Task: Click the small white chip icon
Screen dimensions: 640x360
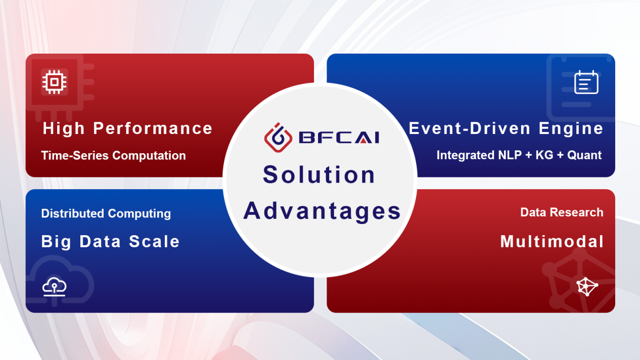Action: tap(54, 82)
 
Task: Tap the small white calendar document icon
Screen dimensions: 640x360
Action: tap(586, 82)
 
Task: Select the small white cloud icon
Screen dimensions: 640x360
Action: tap(54, 286)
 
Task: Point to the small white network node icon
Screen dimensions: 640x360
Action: tap(587, 286)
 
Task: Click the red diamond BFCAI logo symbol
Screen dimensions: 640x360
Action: tap(278, 138)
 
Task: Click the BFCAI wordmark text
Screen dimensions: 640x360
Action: tap(339, 138)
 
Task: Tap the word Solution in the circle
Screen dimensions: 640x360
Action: tap(319, 174)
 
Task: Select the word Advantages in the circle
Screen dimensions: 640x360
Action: tap(322, 211)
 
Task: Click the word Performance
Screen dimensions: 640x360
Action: tap(153, 129)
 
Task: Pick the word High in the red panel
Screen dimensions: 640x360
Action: tap(64, 129)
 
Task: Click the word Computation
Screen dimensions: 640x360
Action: tap(149, 156)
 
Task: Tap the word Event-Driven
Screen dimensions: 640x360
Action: tap(470, 128)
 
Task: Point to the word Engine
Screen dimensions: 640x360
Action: tap(571, 129)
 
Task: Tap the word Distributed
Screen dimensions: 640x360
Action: tap(73, 213)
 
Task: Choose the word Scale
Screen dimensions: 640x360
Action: tap(154, 241)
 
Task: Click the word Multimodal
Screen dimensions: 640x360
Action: tap(552, 241)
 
